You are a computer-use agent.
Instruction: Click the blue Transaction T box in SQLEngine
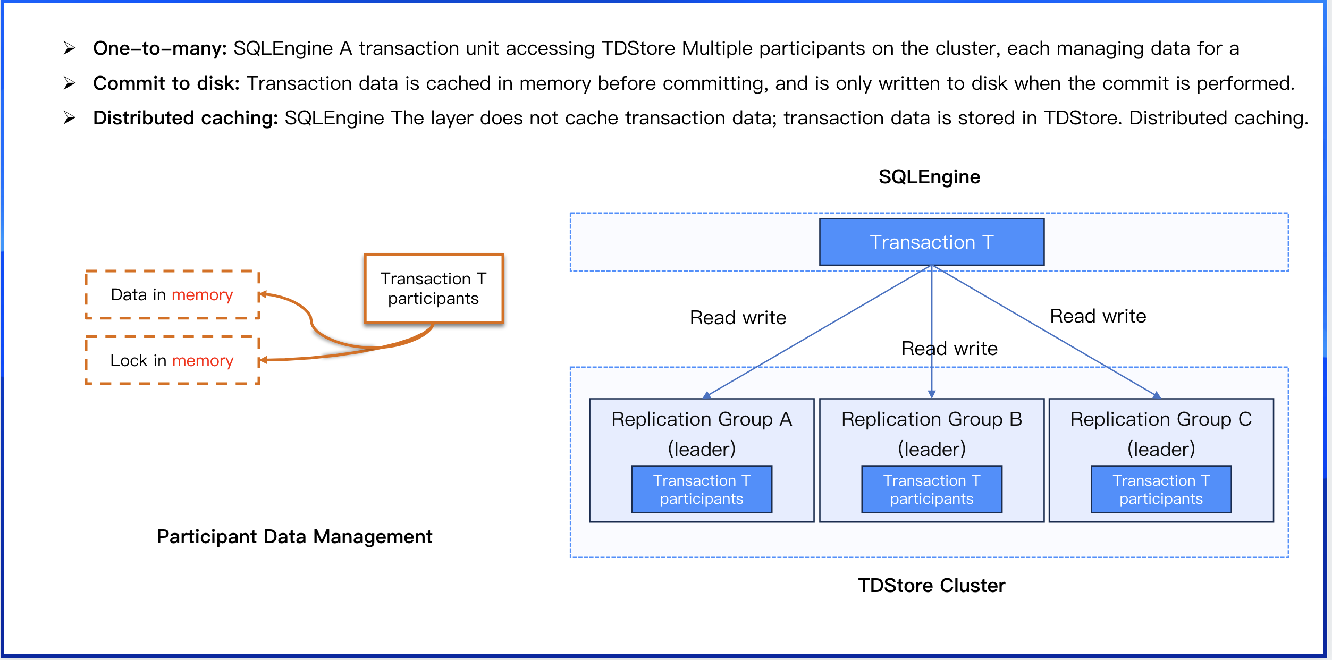(931, 242)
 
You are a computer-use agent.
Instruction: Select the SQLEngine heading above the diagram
(929, 177)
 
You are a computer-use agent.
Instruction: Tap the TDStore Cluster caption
(931, 585)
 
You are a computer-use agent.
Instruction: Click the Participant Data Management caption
(294, 537)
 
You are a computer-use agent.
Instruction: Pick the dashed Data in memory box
(172, 295)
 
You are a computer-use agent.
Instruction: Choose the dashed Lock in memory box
(172, 360)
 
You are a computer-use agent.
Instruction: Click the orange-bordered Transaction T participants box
(434, 289)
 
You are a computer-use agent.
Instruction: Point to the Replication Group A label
(702, 419)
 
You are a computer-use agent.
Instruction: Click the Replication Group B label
(931, 419)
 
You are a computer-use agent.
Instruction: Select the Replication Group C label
(1161, 419)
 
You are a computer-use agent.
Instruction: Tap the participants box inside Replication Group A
(702, 489)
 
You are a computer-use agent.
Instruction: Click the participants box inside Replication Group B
(931, 489)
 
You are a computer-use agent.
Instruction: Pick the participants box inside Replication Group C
(1161, 489)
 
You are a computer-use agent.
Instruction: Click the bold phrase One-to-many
(160, 48)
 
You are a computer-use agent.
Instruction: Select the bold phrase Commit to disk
(166, 83)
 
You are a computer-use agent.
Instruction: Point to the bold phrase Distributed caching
(186, 118)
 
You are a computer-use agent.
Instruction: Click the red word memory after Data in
(202, 295)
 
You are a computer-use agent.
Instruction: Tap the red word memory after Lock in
(203, 361)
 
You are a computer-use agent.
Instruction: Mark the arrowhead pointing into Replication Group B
(931, 394)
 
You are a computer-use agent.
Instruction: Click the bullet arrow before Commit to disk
(69, 83)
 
